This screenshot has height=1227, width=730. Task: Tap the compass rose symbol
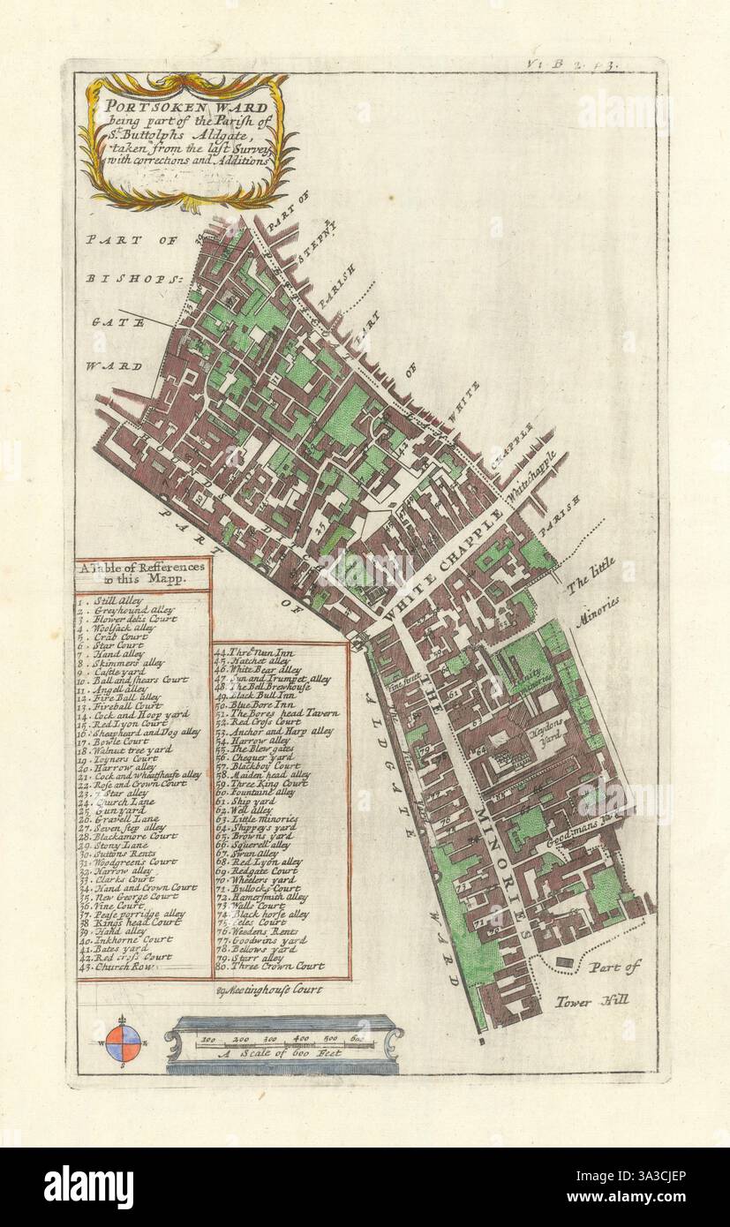123,1043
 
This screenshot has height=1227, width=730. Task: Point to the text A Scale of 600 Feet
282,1054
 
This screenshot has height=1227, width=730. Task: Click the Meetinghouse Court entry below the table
269,990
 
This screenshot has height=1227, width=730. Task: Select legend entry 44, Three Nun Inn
257,651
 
